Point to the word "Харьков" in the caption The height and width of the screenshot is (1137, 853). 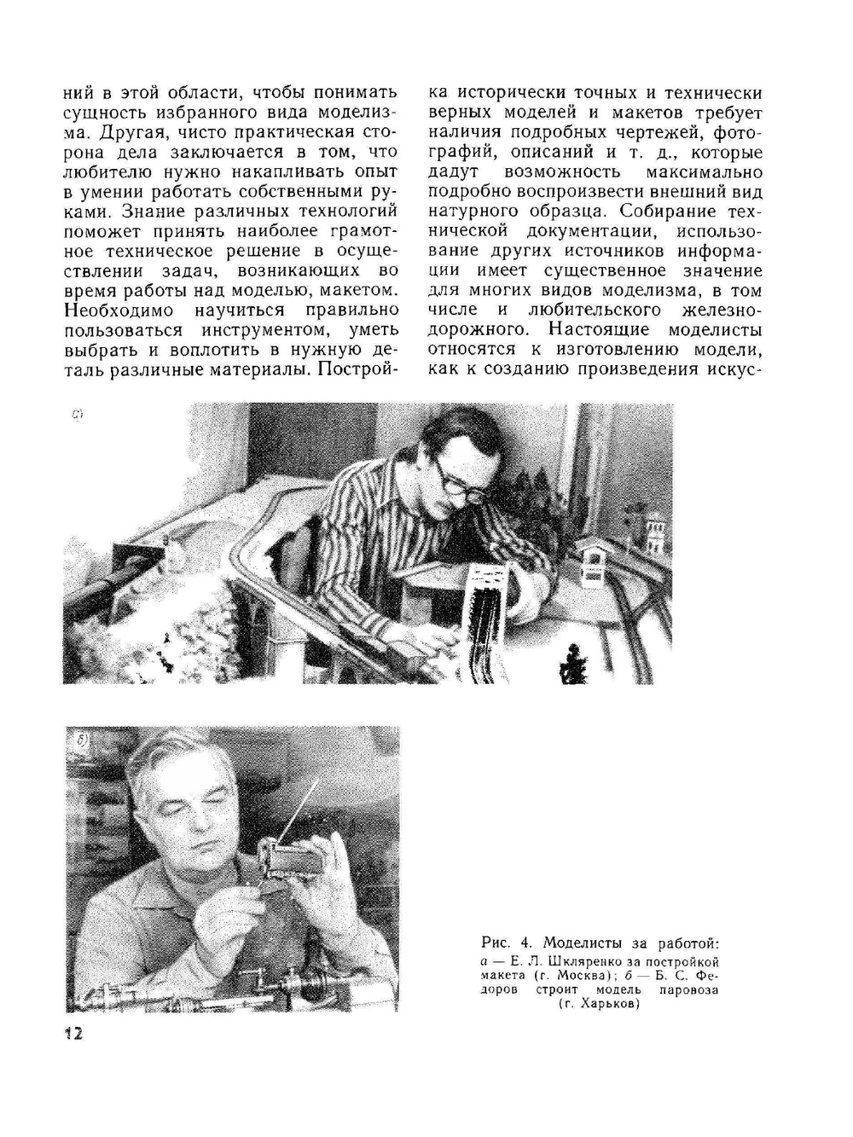point(603,1005)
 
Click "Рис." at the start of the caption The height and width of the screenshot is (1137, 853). point(495,943)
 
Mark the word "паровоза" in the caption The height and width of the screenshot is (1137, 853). point(688,990)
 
